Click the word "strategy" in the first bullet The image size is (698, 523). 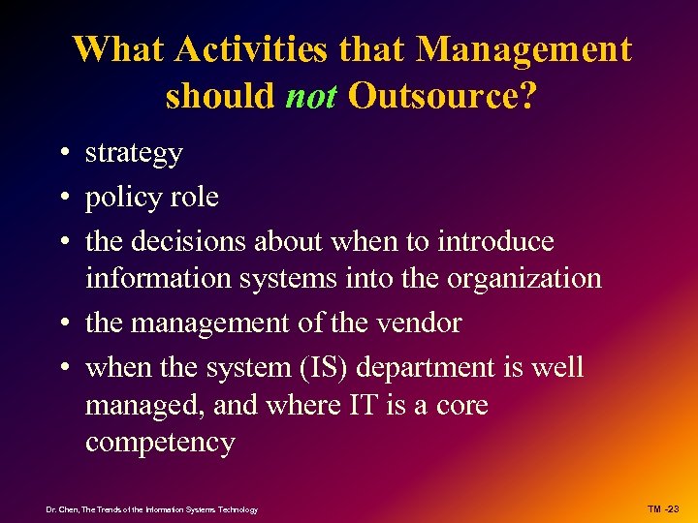(134, 154)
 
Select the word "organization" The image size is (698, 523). (523, 279)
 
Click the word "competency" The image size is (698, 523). (160, 444)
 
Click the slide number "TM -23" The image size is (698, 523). (664, 508)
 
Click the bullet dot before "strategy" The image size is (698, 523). (61, 154)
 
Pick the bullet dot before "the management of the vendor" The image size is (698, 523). (61, 323)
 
